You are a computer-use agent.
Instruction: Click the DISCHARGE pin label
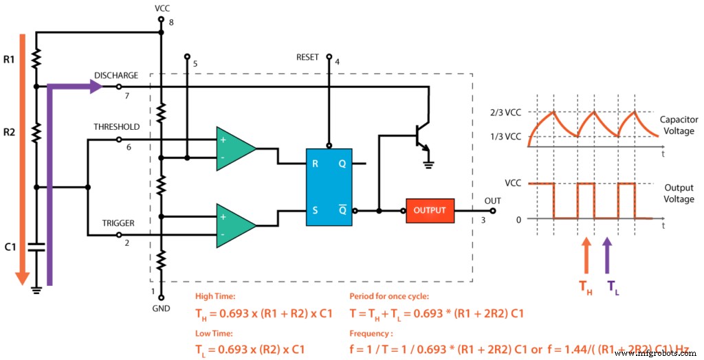[x=116, y=76]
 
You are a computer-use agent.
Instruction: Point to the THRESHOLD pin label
[x=117, y=127]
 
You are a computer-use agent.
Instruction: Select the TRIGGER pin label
[x=118, y=223]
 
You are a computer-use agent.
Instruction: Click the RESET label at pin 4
[x=307, y=58]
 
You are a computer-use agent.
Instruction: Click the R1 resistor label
[x=9, y=60]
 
